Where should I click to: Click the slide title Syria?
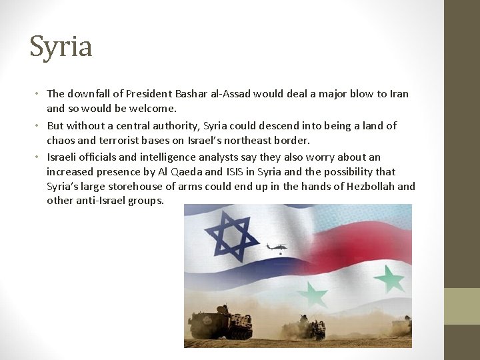(61, 47)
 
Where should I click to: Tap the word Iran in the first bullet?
(398, 93)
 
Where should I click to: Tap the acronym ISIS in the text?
(235, 171)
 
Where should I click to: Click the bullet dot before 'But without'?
(39, 125)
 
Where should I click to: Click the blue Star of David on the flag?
(232, 237)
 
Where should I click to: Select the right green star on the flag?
(389, 279)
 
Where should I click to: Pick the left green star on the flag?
(312, 294)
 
